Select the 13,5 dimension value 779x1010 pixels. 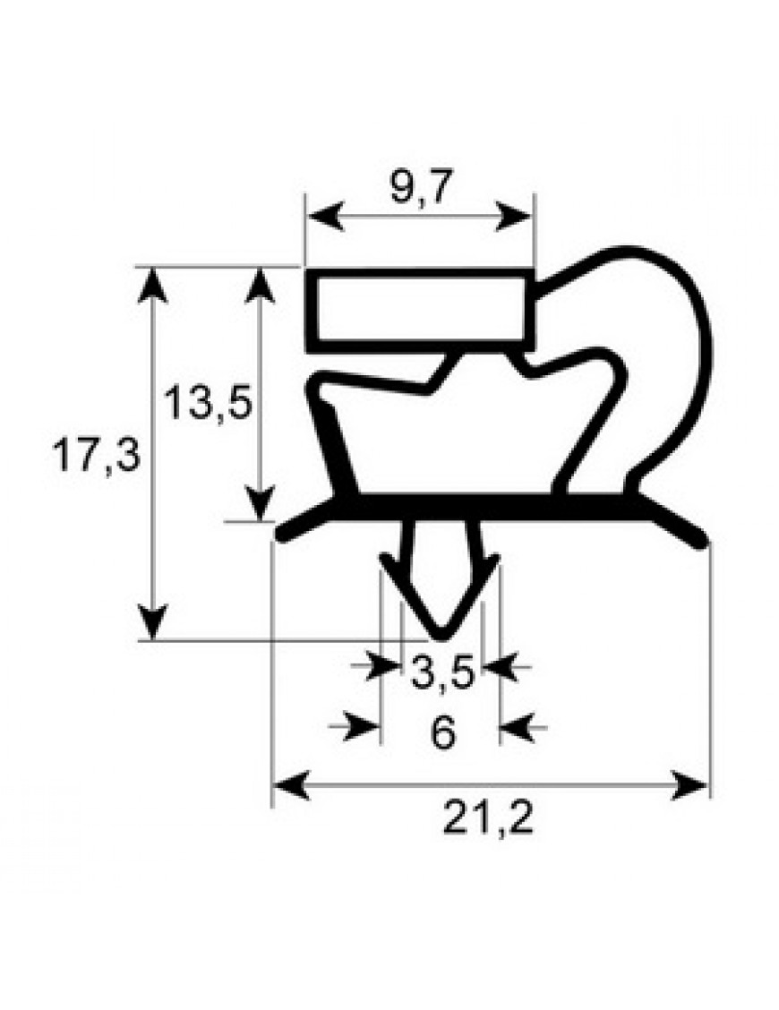tap(207, 402)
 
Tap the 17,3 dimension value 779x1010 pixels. tap(96, 455)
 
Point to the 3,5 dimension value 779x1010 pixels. tap(442, 672)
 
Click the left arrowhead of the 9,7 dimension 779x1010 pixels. tap(325, 217)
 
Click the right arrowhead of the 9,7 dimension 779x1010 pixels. tap(513, 217)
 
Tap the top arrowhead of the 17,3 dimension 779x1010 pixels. tap(153, 286)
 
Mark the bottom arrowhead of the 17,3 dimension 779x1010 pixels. tap(153, 621)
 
